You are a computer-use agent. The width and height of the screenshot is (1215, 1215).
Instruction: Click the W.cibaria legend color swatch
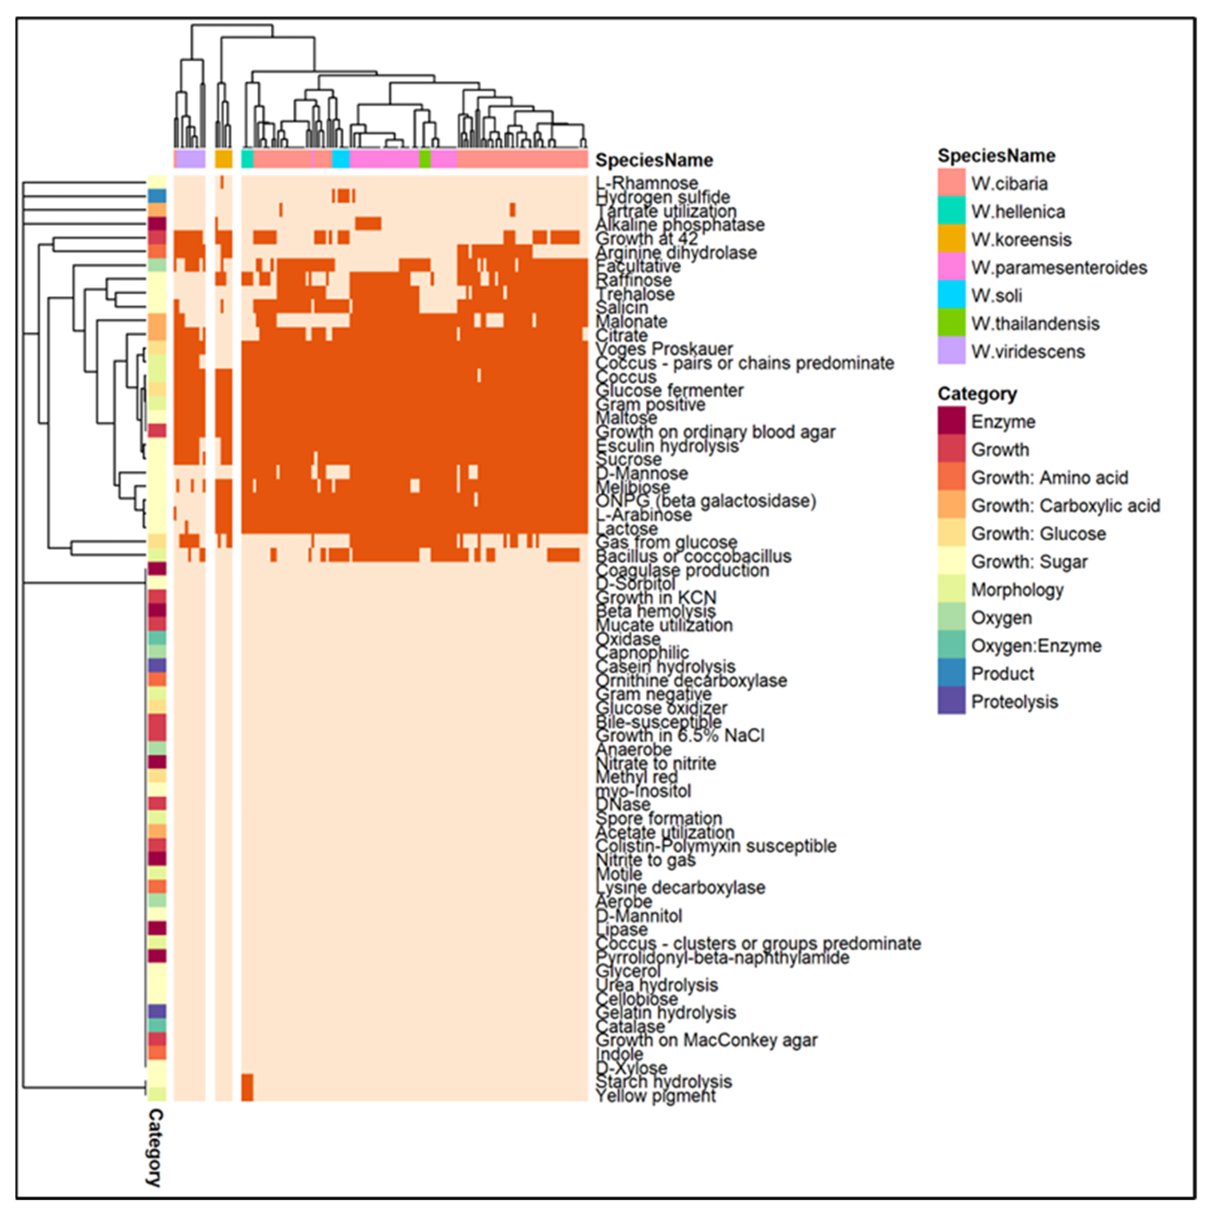pyautogui.click(x=951, y=183)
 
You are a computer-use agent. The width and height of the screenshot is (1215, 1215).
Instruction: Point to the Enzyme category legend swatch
pyautogui.click(x=951, y=421)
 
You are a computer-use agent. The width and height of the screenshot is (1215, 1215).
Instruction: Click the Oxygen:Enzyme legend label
pyautogui.click(x=1036, y=646)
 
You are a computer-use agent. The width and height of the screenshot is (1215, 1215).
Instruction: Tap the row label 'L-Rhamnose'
pyautogui.click(x=647, y=183)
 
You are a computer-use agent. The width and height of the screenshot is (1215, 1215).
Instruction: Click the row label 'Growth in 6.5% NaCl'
pyautogui.click(x=680, y=735)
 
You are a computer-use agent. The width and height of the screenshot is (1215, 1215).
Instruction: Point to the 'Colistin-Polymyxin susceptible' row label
pyautogui.click(x=716, y=846)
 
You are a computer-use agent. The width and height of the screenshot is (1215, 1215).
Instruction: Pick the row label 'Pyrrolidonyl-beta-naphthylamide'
pyautogui.click(x=722, y=958)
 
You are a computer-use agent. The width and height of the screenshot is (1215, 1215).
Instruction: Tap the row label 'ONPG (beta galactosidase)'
pyautogui.click(x=705, y=501)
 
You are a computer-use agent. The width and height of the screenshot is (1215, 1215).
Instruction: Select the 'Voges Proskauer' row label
pyautogui.click(x=664, y=349)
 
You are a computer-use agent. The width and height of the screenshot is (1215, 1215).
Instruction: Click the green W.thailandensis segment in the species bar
pyautogui.click(x=425, y=159)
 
